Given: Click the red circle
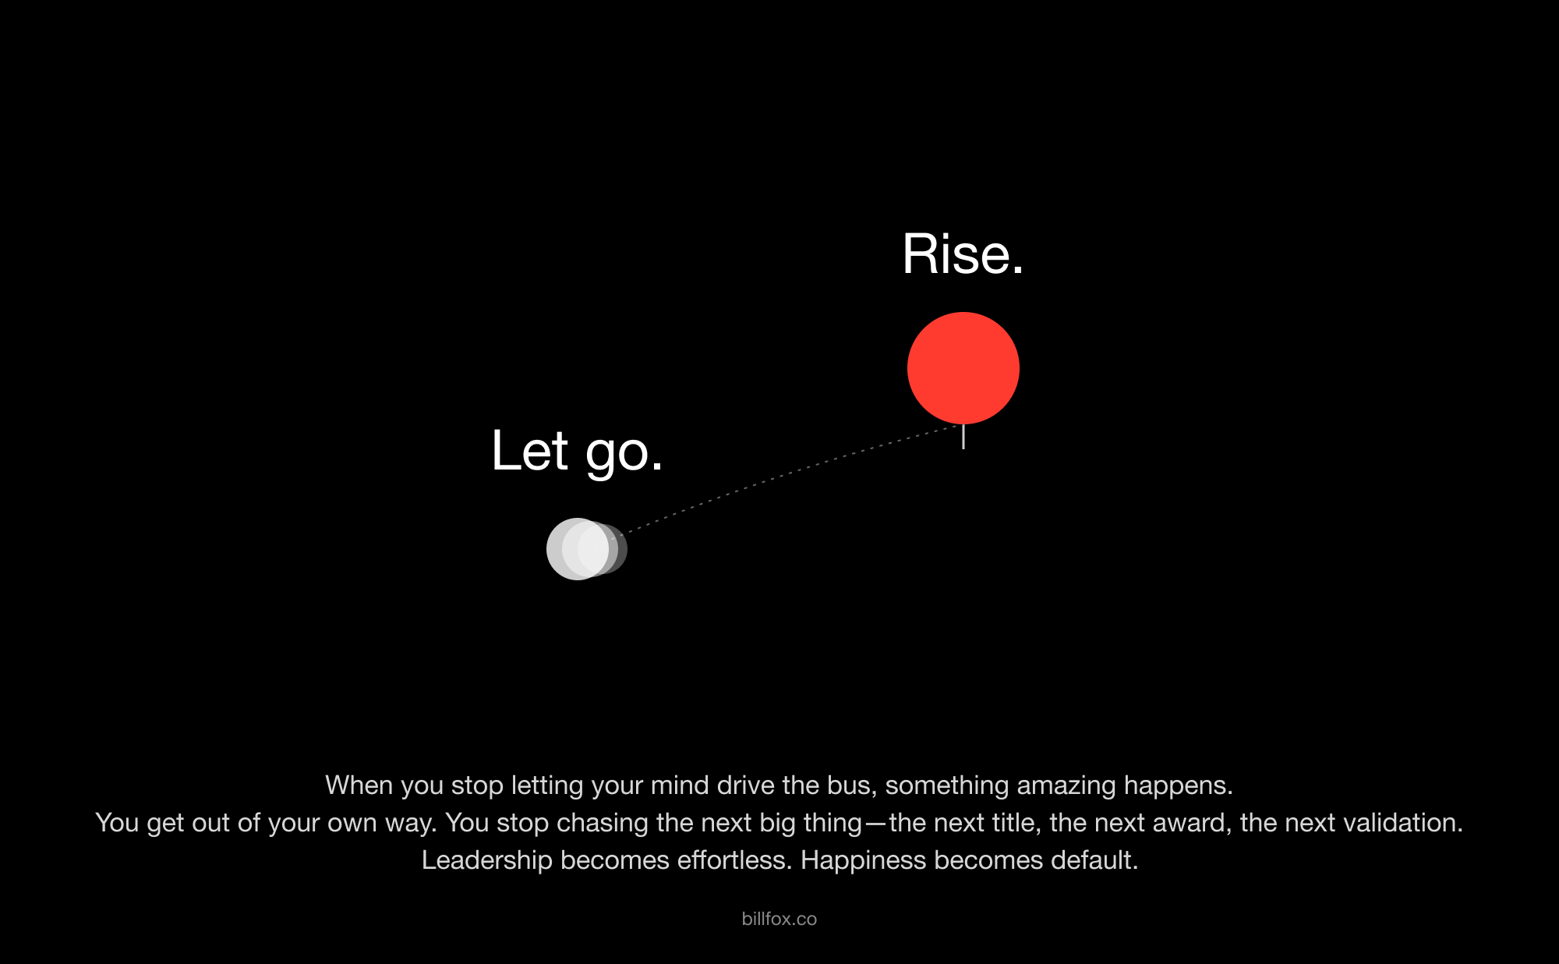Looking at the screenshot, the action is coord(963,368).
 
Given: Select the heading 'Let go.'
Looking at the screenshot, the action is coord(577,451).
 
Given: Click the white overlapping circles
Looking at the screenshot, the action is coord(586,549).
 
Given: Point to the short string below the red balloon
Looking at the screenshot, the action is coord(963,437).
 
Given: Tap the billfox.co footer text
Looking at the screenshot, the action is coord(779,919).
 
